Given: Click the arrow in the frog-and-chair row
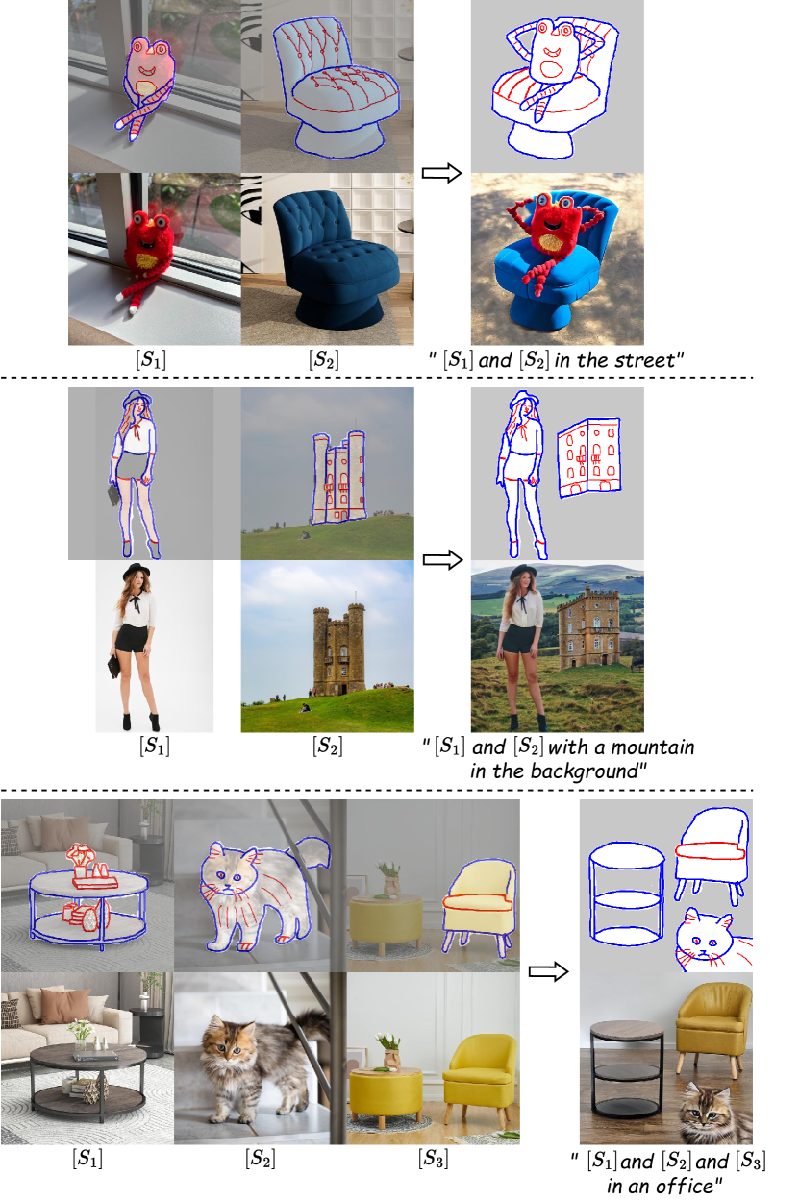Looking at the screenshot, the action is [x=441, y=173].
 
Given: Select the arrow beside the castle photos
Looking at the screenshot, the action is [x=442, y=560].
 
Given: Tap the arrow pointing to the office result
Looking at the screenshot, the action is [x=548, y=971].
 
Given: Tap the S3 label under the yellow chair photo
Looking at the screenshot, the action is [x=434, y=1158].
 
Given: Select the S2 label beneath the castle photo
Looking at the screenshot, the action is [x=327, y=746].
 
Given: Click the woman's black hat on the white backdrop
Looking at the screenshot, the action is [x=137, y=572].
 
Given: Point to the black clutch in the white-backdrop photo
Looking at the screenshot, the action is [x=113, y=667].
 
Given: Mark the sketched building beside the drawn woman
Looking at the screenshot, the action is [x=589, y=457].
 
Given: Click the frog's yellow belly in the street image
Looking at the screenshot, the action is [x=551, y=243].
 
